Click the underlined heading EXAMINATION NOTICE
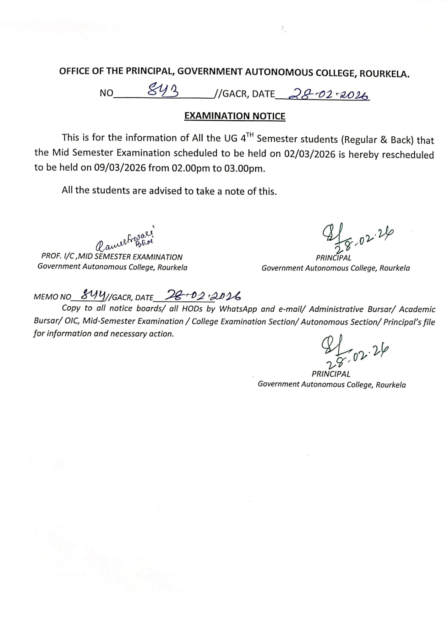click(x=235, y=116)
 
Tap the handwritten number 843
click(x=164, y=92)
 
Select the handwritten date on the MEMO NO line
click(x=203, y=295)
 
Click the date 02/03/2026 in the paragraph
click(x=310, y=154)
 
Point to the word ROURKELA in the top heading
click(x=384, y=74)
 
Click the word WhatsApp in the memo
click(x=238, y=309)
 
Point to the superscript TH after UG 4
click(x=250, y=135)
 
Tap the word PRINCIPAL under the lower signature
click(x=331, y=374)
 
